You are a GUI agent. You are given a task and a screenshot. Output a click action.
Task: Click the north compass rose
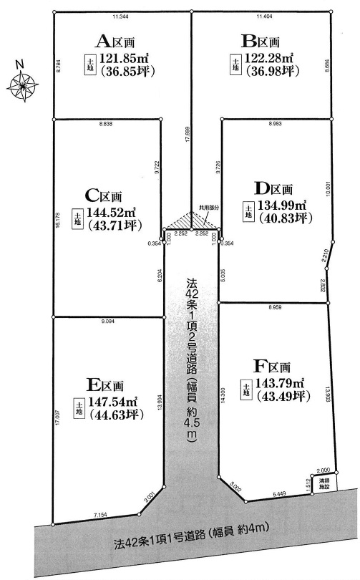tap(23, 84)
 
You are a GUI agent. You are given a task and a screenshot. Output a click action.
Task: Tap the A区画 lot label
tap(115, 42)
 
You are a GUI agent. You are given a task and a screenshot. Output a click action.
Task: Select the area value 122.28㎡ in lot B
tap(270, 58)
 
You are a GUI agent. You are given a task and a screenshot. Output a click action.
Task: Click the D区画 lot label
tap(273, 189)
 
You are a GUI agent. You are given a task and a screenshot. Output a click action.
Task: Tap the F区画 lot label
tap(272, 366)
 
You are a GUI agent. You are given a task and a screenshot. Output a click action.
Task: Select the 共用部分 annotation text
tap(209, 208)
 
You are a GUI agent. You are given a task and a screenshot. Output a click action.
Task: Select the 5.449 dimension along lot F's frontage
tap(278, 493)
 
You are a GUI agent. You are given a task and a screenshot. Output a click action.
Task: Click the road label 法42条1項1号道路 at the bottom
tap(159, 541)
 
